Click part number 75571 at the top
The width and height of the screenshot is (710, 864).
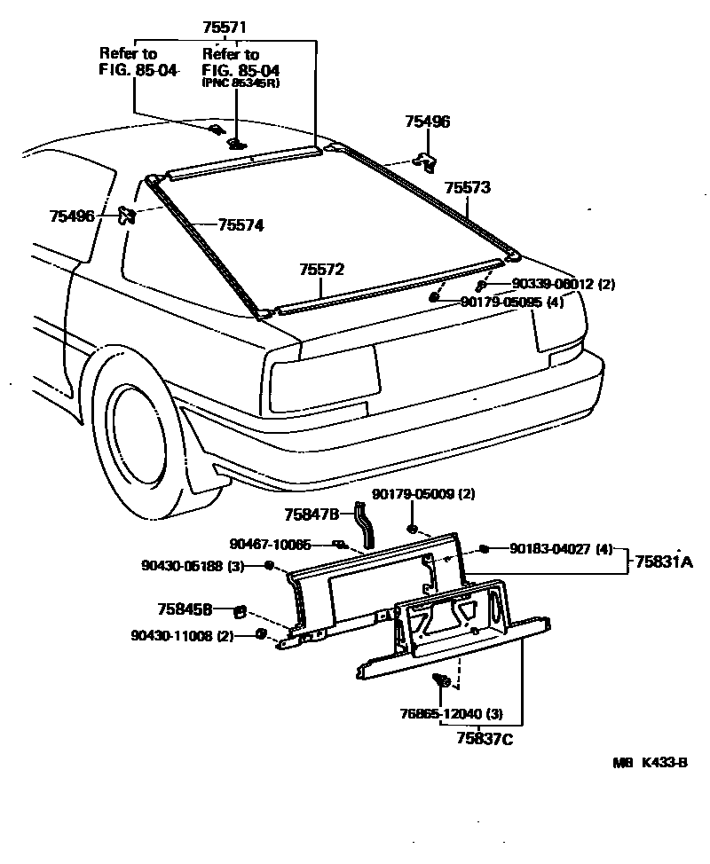pos(225,28)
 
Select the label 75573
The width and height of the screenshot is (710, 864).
pos(468,188)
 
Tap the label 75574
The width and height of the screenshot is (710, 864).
pos(241,225)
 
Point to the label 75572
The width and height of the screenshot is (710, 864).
pos(321,269)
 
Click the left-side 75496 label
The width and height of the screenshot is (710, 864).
pos(73,216)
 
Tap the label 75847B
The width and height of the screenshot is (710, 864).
pos(312,514)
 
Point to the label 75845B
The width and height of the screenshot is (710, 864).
pos(185,609)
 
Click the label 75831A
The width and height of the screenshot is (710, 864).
pos(662,561)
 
